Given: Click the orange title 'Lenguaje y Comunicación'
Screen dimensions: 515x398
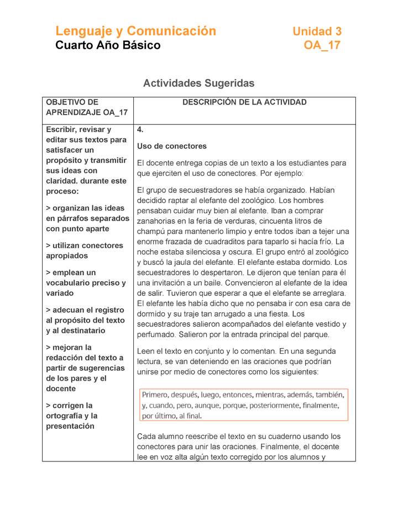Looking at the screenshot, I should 135,31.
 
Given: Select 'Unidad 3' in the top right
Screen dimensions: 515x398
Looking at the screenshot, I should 317,31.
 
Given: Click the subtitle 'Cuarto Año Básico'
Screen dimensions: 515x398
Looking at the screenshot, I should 108,45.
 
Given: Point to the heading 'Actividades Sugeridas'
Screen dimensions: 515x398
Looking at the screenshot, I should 198,83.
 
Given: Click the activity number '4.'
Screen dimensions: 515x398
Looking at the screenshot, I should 140,130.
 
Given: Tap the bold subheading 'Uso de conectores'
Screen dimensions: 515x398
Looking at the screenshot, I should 171,146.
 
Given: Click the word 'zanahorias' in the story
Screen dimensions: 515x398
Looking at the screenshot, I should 156,221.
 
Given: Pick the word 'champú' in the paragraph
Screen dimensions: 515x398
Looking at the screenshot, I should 150,231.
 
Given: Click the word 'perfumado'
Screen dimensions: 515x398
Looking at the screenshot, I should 155,334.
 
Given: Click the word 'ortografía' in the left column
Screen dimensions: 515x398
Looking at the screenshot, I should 65,416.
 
